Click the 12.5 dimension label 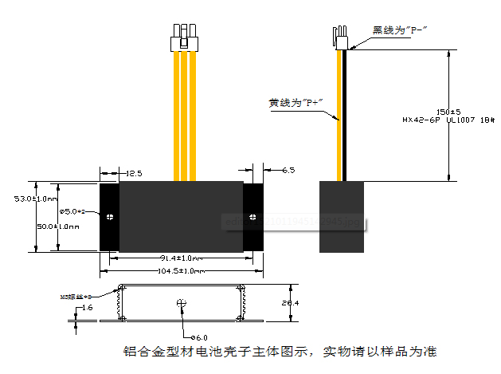133,172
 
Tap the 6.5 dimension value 288,171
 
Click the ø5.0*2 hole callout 76,211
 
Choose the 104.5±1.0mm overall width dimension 180,270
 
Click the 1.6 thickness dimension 87,306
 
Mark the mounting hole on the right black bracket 253,216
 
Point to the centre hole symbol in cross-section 181,302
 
